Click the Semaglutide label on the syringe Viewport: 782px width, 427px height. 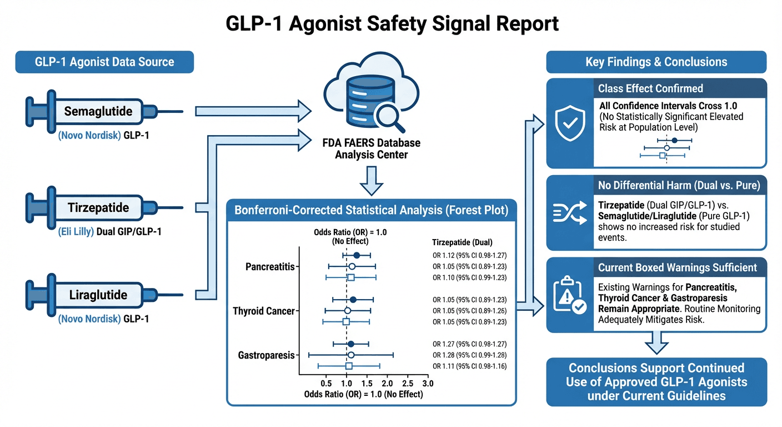(98, 111)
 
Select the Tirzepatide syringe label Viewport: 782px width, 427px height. (98, 208)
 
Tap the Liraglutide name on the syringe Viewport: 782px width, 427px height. (98, 295)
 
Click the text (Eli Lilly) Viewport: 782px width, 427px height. (77, 231)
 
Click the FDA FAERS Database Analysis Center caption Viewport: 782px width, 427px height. (371, 148)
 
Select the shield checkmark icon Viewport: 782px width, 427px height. (570, 123)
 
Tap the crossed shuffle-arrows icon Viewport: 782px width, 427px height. (570, 213)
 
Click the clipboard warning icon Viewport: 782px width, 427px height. (570, 295)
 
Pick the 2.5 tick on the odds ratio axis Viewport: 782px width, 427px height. (407, 384)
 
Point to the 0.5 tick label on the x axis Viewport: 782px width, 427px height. (327, 384)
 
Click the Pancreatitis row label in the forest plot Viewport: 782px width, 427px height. (269, 267)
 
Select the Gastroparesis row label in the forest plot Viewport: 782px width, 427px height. (266, 355)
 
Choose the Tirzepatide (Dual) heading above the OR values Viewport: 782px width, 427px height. (462, 242)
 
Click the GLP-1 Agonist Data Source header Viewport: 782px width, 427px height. (104, 62)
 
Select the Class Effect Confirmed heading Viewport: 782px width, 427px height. (650, 88)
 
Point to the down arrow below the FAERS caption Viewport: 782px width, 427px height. (371, 177)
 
